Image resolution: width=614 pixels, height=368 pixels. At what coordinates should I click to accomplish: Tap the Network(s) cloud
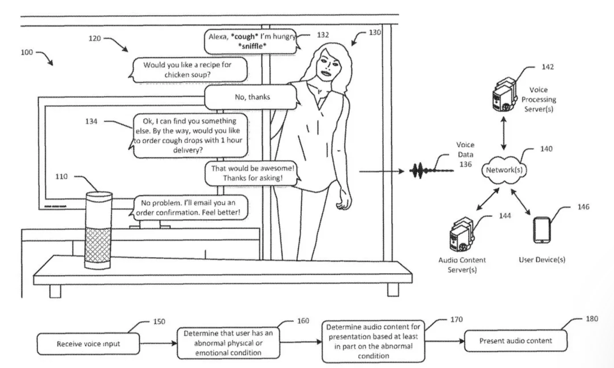pos(504,170)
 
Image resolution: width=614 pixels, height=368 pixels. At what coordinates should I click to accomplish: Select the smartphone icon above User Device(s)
pos(542,230)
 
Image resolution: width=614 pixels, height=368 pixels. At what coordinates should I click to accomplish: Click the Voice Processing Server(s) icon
pos(504,94)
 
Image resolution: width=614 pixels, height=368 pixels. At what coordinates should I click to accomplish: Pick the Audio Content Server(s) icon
pos(462,234)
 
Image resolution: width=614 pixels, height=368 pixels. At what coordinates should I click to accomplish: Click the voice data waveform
pos(431,171)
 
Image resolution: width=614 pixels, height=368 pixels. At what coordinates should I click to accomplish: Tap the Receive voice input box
pos(88,344)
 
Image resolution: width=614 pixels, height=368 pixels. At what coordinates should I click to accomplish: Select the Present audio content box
pos(516,341)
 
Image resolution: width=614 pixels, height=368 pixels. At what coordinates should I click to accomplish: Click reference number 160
pos(303,321)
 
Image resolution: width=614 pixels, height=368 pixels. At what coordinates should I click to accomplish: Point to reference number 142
pos(547,67)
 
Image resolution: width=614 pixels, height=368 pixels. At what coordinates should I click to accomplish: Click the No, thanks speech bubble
pos(252,97)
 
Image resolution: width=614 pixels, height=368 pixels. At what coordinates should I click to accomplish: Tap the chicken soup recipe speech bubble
pos(188,70)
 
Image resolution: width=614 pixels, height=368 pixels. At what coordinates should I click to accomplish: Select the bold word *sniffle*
pos(252,46)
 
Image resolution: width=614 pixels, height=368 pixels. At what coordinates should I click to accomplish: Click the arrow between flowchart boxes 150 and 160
pos(158,343)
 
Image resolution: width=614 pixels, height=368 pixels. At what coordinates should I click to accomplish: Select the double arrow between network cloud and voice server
pos(504,134)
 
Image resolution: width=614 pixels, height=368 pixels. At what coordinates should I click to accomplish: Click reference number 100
pos(27,52)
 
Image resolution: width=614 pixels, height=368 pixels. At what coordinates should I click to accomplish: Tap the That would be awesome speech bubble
pos(252,173)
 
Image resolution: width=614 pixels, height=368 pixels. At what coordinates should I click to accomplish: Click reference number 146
pos(583,207)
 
